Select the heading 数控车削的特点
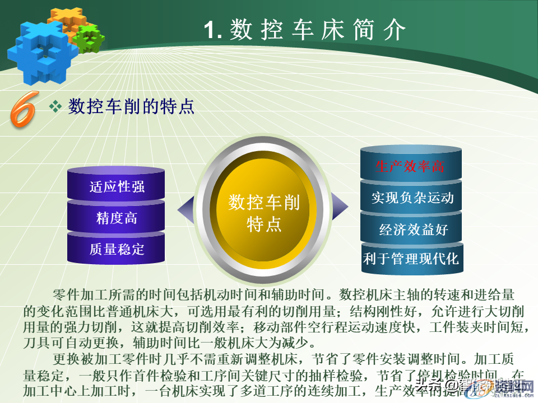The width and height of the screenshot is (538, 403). pyautogui.click(x=131, y=106)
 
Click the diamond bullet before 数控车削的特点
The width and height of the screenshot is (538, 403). pyautogui.click(x=55, y=106)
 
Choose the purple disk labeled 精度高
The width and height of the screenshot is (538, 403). pyautogui.click(x=117, y=218)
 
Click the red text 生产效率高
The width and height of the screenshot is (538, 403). pyautogui.click(x=410, y=166)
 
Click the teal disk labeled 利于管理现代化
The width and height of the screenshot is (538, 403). pyautogui.click(x=411, y=259)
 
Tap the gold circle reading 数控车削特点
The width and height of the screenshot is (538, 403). pyautogui.click(x=264, y=213)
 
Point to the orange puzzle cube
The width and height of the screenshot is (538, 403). pyautogui.click(x=66, y=20)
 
